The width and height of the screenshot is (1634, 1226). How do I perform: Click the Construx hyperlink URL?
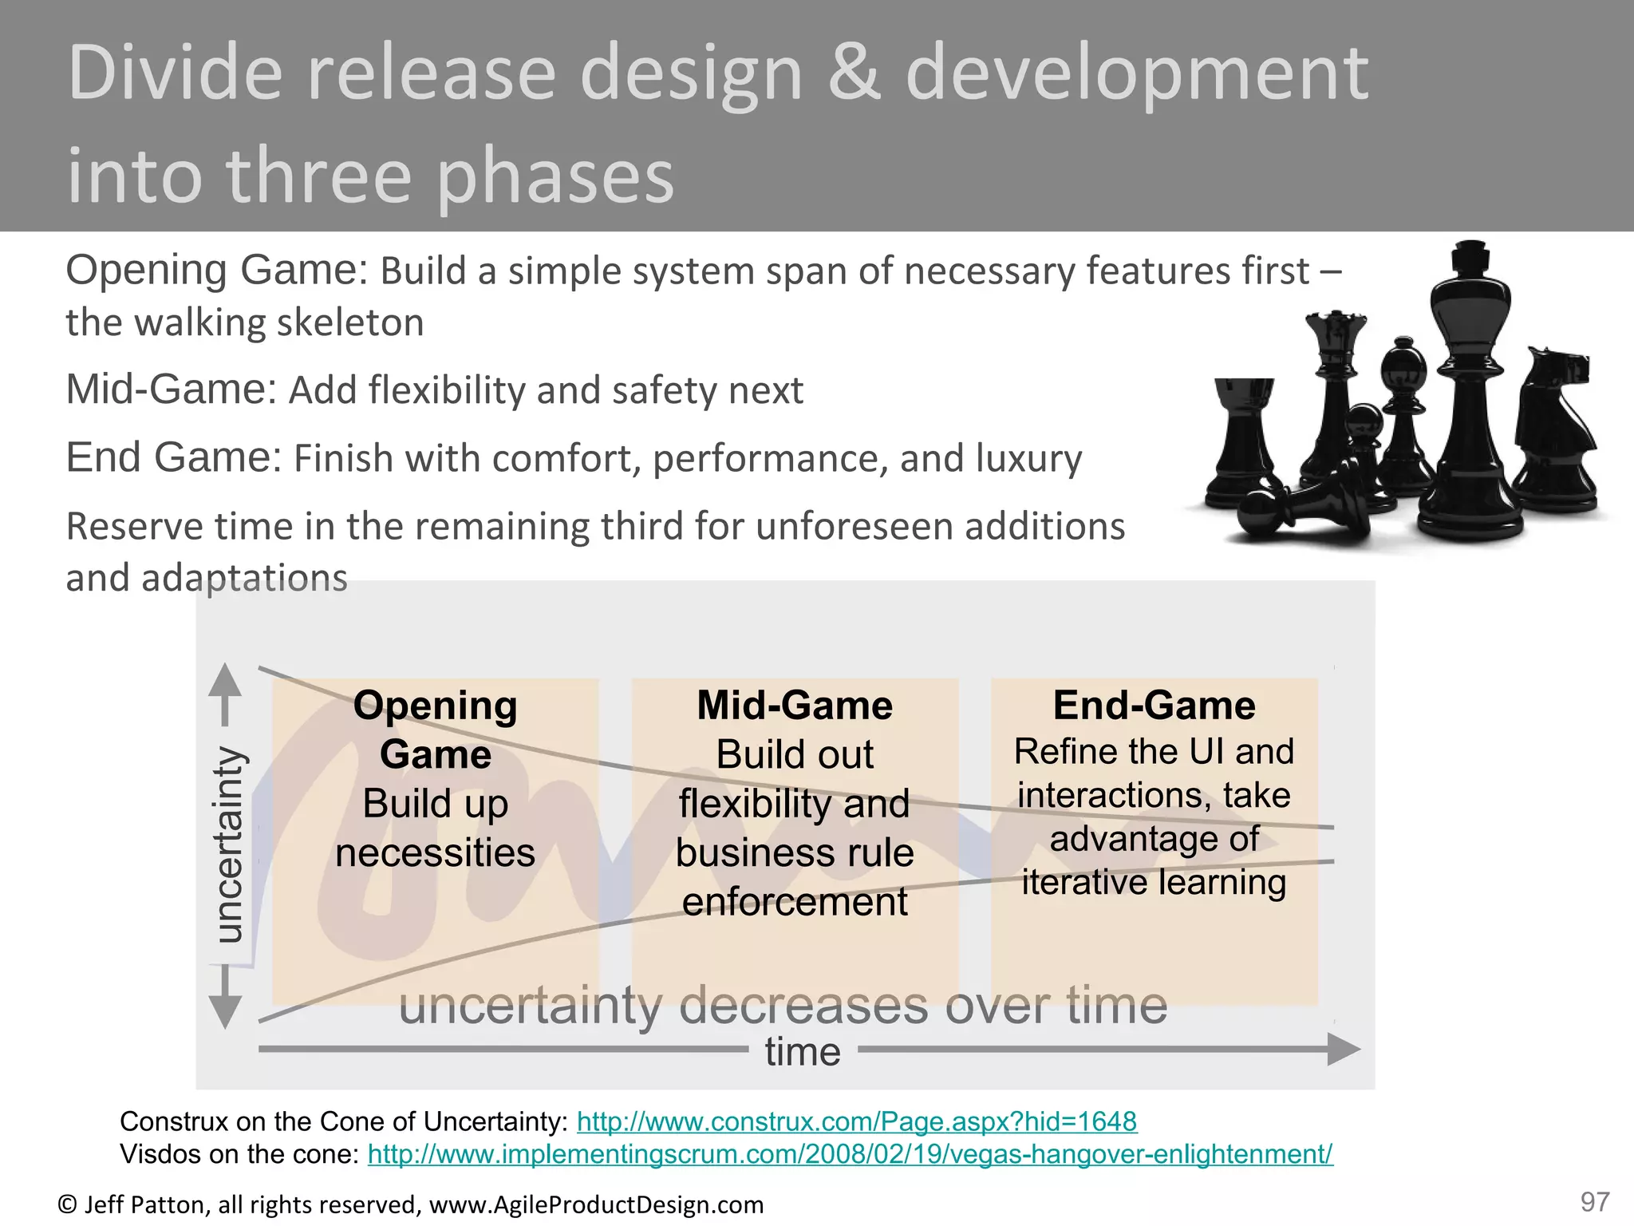point(856,1121)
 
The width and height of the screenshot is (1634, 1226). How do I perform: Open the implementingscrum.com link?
point(850,1154)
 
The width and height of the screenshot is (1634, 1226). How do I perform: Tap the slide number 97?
point(1595,1202)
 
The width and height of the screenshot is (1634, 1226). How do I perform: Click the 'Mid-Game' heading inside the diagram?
point(795,706)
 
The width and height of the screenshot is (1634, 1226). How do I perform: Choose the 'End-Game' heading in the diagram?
point(1154,706)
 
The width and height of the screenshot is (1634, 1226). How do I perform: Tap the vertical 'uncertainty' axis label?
point(228,844)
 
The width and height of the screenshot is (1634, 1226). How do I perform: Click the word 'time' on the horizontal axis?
point(803,1052)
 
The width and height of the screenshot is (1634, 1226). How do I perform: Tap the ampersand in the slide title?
point(854,73)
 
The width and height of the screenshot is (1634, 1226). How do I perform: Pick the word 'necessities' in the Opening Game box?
point(435,852)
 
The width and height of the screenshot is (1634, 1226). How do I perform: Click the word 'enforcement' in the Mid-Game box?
point(795,902)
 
